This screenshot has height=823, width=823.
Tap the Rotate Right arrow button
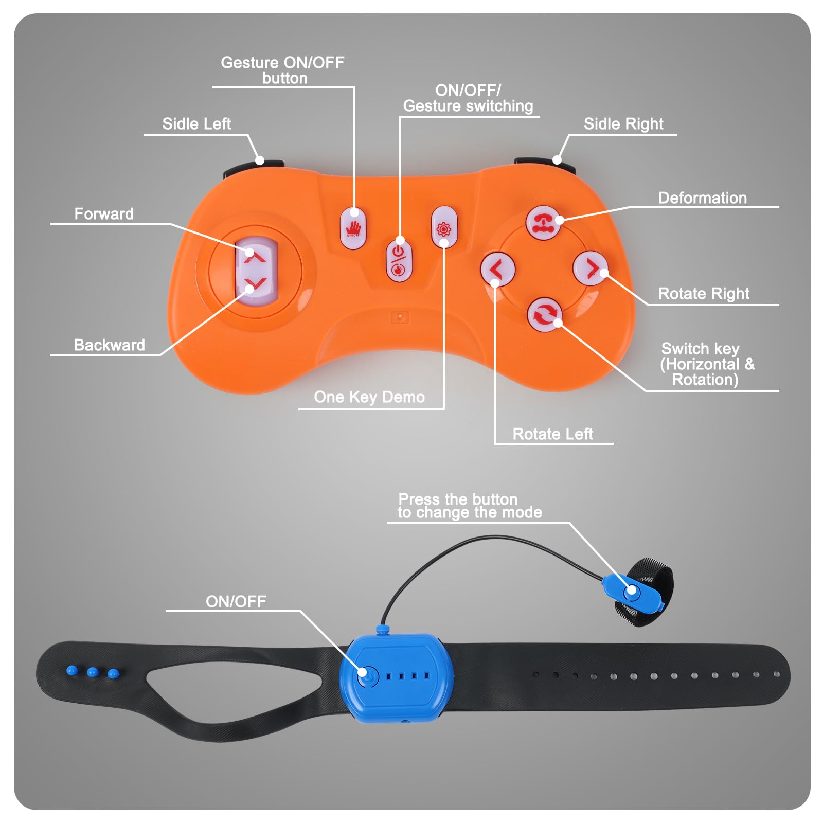590,268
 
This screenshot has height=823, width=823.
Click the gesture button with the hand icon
353,228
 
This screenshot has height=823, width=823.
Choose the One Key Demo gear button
443,227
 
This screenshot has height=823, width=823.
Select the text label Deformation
702,198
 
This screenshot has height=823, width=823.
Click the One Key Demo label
369,397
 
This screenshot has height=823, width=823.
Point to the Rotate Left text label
552,434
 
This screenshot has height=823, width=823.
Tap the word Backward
109,345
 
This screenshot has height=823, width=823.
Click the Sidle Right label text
623,124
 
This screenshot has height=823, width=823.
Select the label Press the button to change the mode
470,506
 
